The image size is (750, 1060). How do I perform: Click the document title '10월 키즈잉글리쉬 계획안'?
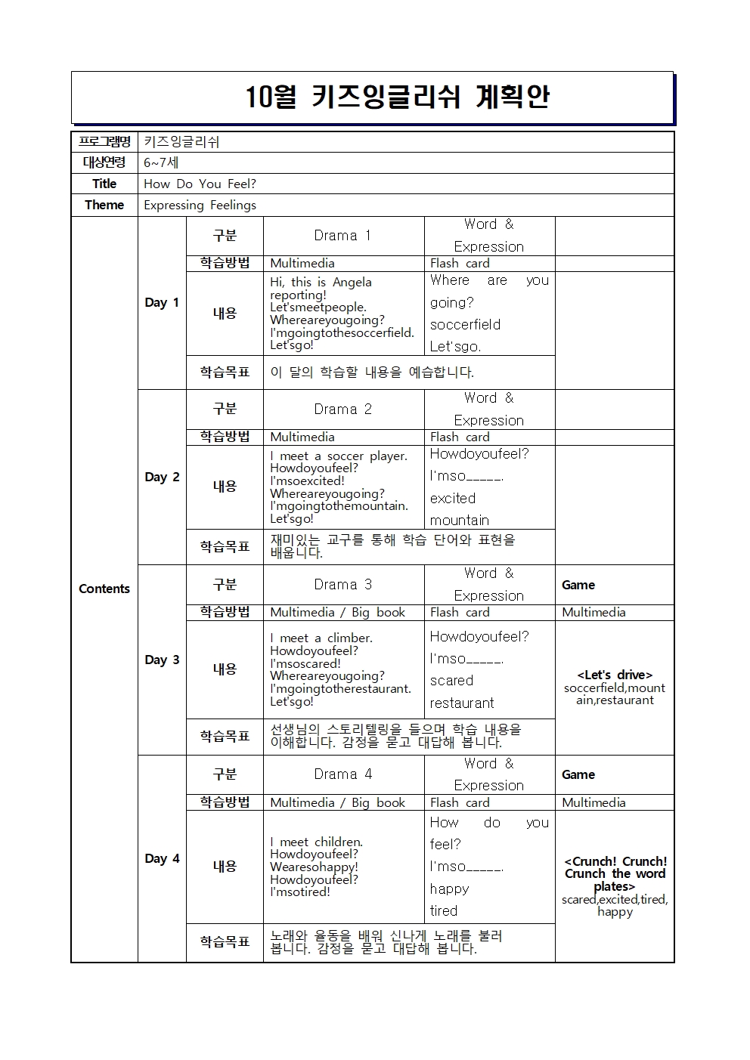(x=398, y=97)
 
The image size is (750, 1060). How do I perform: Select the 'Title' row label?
(x=104, y=184)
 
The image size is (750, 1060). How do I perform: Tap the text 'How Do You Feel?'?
(x=200, y=184)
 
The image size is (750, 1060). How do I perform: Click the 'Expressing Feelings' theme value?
(x=200, y=205)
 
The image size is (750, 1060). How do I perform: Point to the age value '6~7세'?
(x=161, y=162)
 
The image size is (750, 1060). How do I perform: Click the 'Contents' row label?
(x=104, y=589)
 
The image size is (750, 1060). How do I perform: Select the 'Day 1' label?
(x=162, y=302)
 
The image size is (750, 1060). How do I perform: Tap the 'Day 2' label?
(x=162, y=477)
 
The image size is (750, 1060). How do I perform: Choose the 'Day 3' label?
(x=162, y=660)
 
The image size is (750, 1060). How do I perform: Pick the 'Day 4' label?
(x=162, y=858)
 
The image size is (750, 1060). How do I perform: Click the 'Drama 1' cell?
(x=342, y=236)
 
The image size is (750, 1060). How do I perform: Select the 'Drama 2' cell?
(x=342, y=409)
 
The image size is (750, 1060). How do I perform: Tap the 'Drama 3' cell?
(x=342, y=585)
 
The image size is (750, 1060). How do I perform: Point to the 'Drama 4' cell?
(x=342, y=774)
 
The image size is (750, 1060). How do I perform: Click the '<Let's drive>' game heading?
(x=614, y=675)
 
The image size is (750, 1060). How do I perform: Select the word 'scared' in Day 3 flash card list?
(x=451, y=681)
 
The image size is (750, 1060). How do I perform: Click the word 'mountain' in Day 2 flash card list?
(x=459, y=521)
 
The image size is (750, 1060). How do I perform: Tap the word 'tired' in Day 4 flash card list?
(x=444, y=911)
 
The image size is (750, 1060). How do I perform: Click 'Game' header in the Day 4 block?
(x=578, y=774)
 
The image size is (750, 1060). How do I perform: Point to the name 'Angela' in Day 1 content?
(x=352, y=283)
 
